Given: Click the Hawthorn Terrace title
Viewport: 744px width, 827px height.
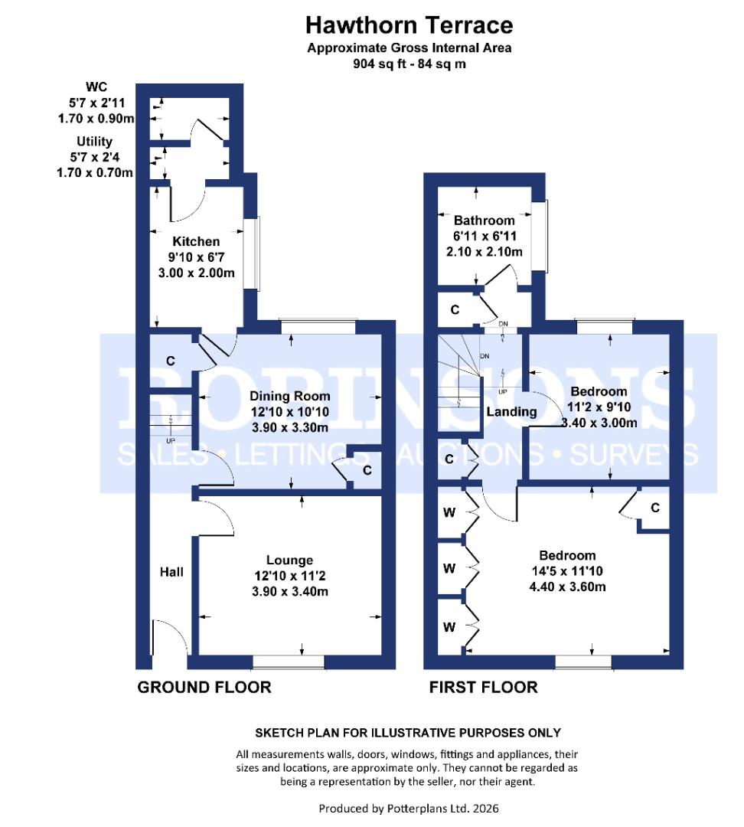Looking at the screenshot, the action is [x=410, y=25].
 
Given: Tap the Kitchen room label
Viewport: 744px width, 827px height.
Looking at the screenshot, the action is [x=196, y=241].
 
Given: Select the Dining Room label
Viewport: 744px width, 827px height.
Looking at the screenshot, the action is [x=290, y=396].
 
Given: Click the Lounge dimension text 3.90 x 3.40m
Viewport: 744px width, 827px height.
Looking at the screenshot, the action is [x=290, y=591].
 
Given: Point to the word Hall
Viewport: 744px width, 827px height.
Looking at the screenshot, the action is [x=172, y=572].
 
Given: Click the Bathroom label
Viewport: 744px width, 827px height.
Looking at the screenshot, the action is [x=484, y=221].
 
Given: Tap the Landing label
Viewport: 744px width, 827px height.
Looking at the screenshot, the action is [x=511, y=411].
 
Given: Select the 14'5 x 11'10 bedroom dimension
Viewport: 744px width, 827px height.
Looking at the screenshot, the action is [x=567, y=570].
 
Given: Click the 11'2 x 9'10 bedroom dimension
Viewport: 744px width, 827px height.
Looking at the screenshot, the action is [x=599, y=407].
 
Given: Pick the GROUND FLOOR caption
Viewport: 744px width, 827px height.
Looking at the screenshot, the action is [x=204, y=687].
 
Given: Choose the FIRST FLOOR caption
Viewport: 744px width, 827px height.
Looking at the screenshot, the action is [x=484, y=687].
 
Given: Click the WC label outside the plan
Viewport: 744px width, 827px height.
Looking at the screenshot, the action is [x=96, y=87].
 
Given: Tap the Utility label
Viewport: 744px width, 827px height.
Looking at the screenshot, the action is [x=94, y=142].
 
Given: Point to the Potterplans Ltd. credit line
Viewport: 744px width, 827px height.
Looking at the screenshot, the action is [x=409, y=808].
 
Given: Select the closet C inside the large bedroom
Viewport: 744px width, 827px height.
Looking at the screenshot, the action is [x=655, y=508].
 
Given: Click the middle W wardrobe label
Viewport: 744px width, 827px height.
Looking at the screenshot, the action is [x=449, y=568].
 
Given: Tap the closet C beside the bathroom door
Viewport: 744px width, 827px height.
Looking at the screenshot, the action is [x=455, y=309].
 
